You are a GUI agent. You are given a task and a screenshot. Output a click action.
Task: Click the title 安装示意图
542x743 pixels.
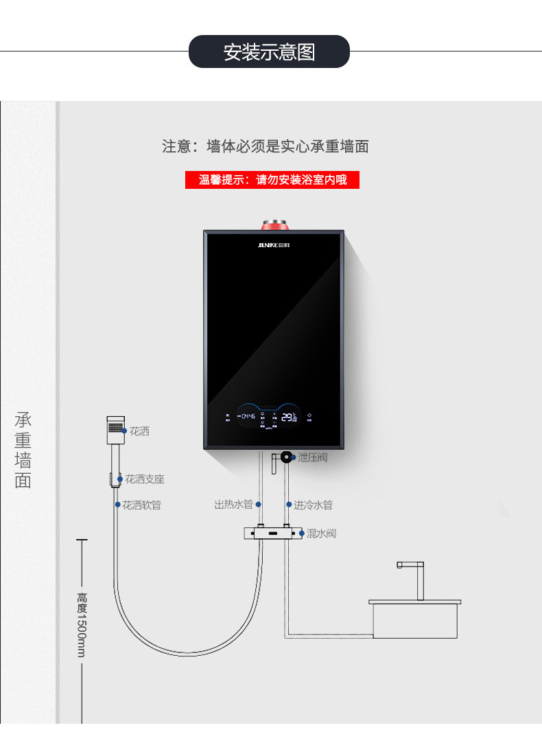(x=269, y=52)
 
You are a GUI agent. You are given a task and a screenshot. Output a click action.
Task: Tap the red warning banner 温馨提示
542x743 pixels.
(x=272, y=181)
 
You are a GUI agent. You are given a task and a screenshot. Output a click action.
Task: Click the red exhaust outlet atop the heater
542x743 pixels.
(x=274, y=225)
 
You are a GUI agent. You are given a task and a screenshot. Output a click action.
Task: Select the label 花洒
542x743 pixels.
(x=139, y=432)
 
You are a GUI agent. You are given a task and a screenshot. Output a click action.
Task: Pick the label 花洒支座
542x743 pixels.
(x=144, y=479)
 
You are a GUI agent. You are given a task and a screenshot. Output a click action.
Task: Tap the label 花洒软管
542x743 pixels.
(x=141, y=505)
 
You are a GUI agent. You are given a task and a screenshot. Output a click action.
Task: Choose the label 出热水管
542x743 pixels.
(x=233, y=505)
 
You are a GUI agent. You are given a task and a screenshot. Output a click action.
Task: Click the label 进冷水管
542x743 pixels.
(x=314, y=505)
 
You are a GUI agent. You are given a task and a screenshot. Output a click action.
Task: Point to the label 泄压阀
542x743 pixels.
(x=312, y=457)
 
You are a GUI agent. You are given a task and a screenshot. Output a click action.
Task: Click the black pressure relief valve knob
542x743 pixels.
(x=285, y=457)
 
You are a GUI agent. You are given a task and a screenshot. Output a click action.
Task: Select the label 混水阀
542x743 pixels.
(x=321, y=534)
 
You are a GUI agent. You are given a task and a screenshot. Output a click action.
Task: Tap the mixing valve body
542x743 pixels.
(x=272, y=534)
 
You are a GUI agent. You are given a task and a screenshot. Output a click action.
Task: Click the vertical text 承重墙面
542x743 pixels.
(x=23, y=450)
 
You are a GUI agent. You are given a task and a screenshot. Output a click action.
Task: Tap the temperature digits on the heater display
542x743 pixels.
(x=290, y=417)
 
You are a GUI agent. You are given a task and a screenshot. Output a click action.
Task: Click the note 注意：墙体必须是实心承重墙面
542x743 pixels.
(x=266, y=146)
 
